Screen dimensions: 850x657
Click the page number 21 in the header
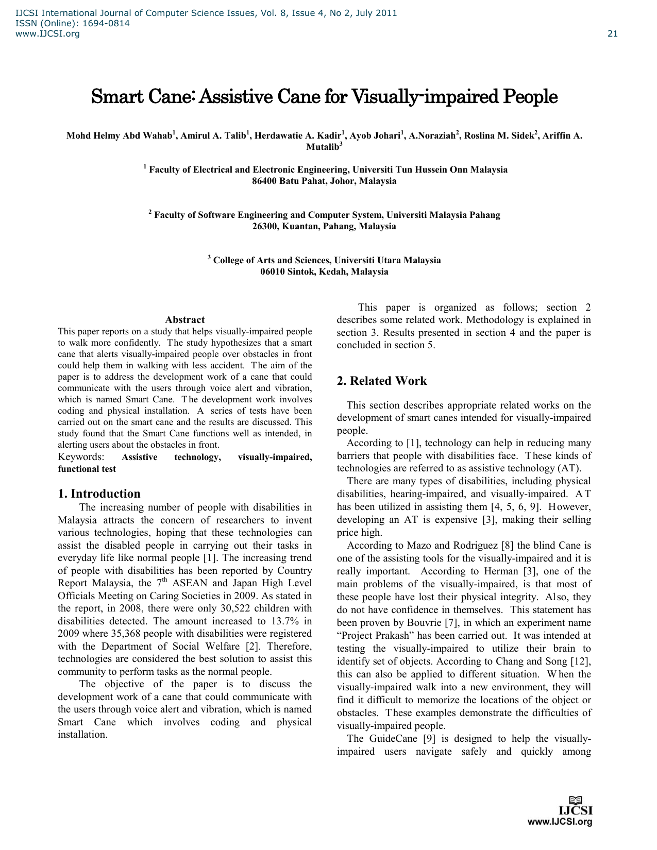pyautogui.click(x=612, y=34)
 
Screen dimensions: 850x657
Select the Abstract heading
pyautogui.click(x=184, y=320)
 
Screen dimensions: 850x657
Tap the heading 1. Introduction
pyautogui.click(x=99, y=494)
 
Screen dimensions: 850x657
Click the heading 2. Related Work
pyautogui.click(x=382, y=381)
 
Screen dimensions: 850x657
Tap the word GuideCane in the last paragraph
pyautogui.click(x=393, y=739)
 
